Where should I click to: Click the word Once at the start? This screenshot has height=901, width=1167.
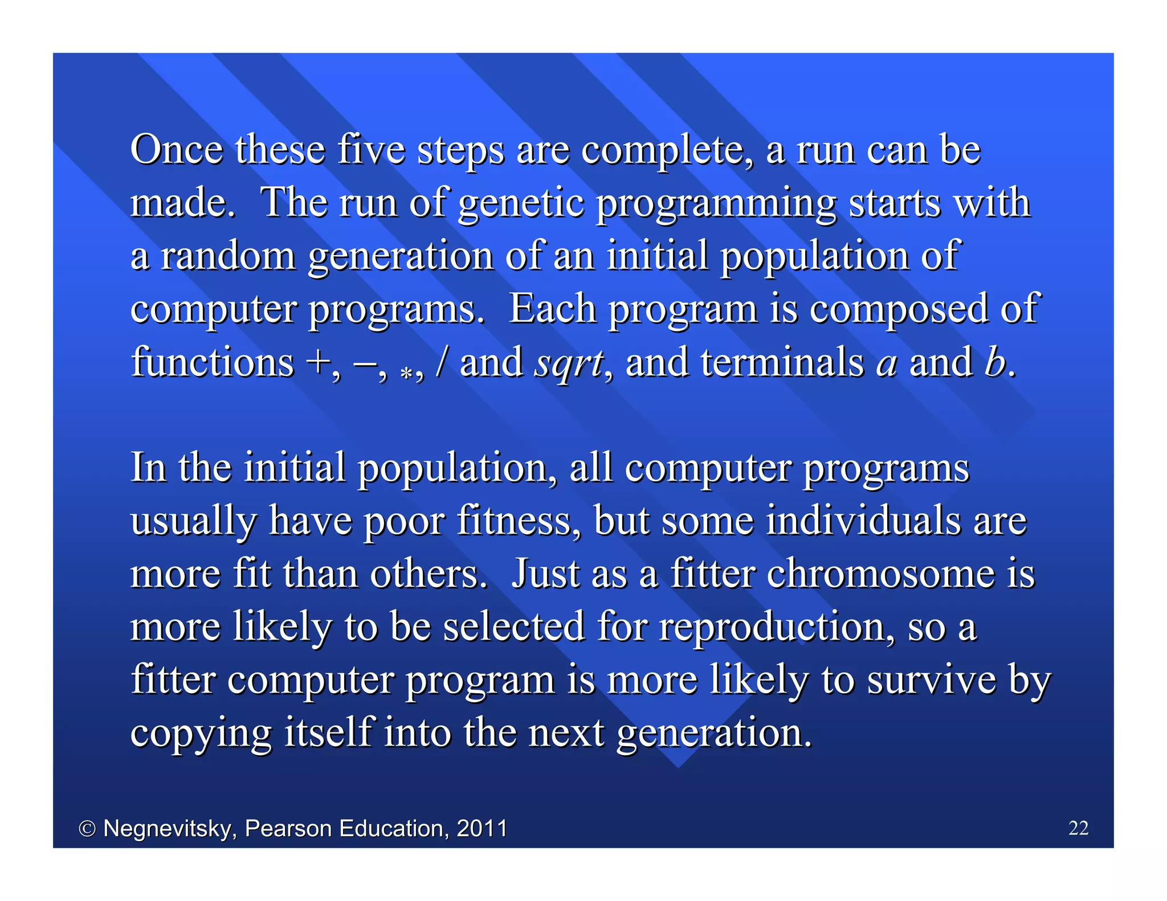coord(176,150)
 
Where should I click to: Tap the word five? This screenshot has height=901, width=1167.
coord(371,150)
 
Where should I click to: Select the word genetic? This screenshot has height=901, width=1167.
coord(521,203)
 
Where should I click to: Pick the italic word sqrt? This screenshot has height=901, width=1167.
coord(568,363)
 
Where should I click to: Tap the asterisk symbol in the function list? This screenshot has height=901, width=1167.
coord(406,373)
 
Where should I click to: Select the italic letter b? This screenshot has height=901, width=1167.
coord(994,362)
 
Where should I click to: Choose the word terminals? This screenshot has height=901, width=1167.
coord(782,362)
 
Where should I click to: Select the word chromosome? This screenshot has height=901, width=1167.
coord(880,574)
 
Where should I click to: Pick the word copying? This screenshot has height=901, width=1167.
coord(201,734)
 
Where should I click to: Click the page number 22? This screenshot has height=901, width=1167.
coord(1078,828)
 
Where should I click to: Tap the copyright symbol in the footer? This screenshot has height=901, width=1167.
coord(87,829)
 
